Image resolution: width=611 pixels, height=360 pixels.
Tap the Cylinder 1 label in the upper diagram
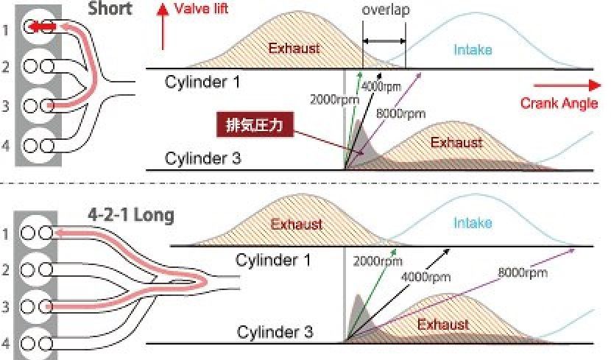pos(202,81)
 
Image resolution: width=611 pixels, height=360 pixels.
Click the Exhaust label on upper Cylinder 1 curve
pos(294,49)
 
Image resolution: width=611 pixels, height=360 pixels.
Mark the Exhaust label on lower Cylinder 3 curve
pos(444,324)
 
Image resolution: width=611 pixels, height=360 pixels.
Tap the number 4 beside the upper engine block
pos(7,144)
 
